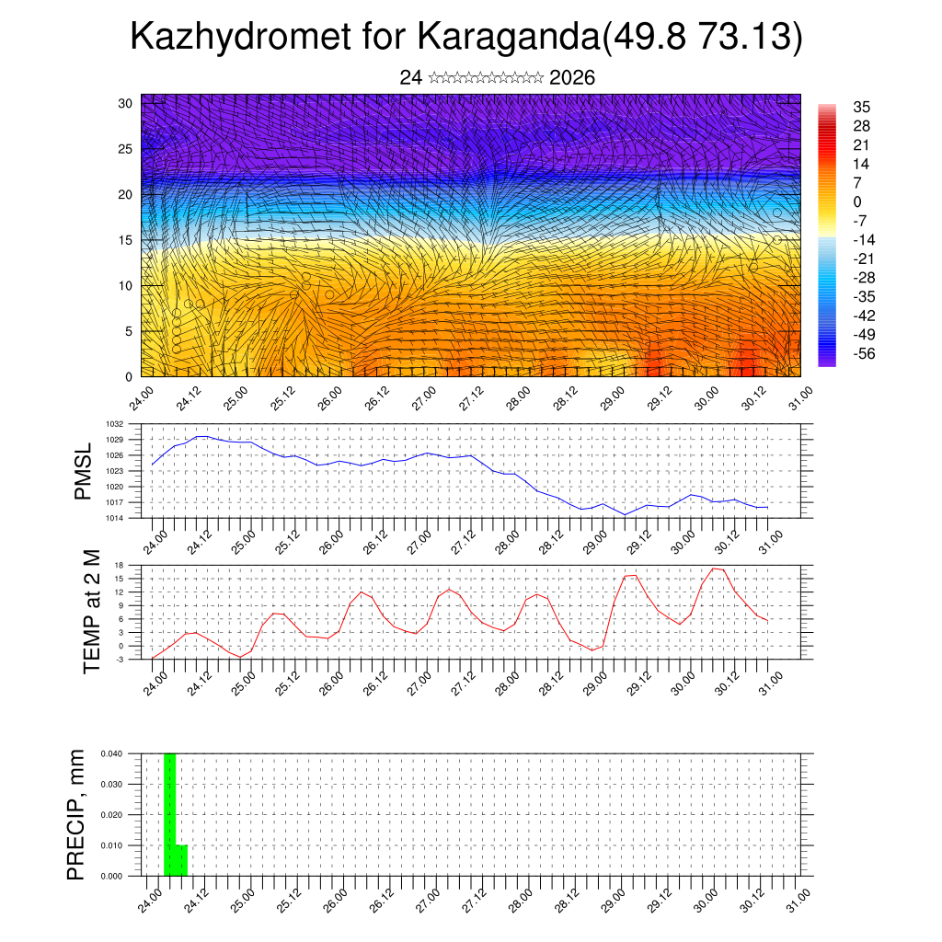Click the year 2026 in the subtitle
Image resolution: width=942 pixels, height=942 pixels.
571,78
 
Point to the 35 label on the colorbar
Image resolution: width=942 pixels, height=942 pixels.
862,107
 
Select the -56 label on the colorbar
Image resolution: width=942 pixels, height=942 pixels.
866,353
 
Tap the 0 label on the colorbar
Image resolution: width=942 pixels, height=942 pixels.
857,201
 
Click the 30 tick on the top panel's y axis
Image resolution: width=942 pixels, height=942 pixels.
126,103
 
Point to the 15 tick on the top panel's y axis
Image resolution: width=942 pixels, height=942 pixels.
126,240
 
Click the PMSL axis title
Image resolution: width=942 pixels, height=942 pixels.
84,471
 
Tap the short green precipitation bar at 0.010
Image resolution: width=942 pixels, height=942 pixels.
181,860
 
